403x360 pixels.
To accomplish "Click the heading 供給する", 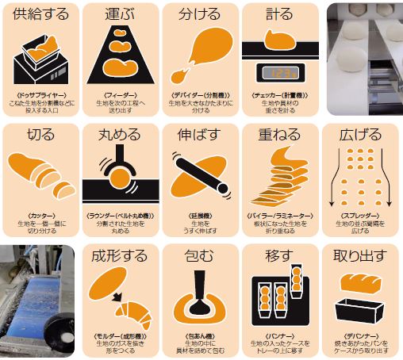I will click(x=41, y=13).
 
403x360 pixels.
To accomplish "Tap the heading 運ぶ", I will click(x=121, y=13).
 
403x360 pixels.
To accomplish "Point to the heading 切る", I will click(x=41, y=135).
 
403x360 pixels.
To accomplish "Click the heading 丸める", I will click(x=121, y=135).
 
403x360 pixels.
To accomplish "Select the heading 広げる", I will click(x=361, y=135).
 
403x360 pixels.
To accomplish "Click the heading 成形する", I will click(x=121, y=257).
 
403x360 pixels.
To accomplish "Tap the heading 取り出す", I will click(x=361, y=257).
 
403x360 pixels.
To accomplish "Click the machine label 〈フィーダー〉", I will click(x=121, y=94).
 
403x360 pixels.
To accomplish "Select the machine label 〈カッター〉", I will click(x=41, y=215).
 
